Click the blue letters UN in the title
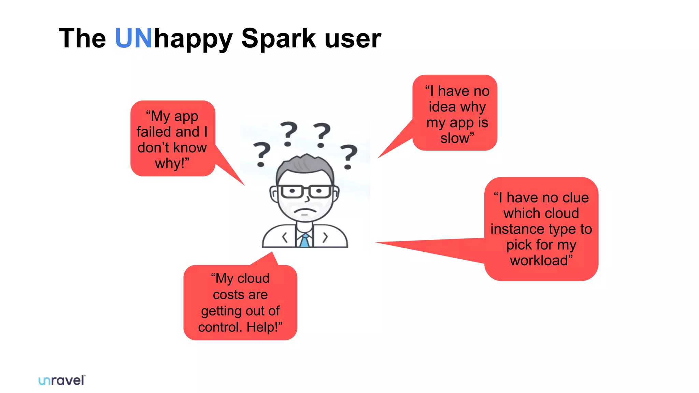pos(133,38)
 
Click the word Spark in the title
pos(278,38)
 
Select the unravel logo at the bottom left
pos(62,380)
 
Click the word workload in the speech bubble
pos(539,260)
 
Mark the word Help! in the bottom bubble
pos(263,327)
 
